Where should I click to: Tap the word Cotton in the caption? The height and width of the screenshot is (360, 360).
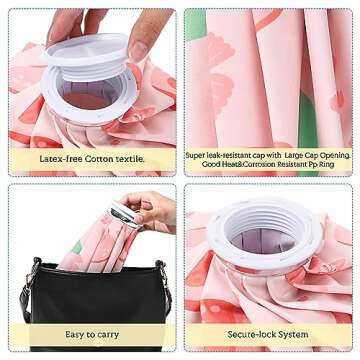[101, 159]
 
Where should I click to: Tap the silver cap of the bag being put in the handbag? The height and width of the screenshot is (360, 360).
[123, 211]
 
